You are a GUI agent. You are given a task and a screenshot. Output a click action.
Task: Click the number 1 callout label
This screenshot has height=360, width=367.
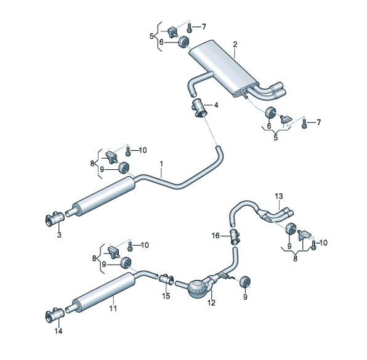click(x=161, y=164)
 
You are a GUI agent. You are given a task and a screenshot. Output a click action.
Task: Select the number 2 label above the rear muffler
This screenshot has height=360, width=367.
click(x=235, y=44)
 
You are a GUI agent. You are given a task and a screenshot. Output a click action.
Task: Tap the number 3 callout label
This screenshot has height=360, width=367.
click(x=59, y=234)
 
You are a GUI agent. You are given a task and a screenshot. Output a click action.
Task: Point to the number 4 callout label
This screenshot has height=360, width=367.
click(x=216, y=105)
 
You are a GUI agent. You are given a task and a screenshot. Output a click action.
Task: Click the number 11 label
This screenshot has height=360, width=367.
click(x=113, y=308)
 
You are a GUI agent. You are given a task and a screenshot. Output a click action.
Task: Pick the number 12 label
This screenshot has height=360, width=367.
click(x=211, y=303)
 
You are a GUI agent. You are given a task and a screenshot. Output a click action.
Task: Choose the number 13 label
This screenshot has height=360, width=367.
click(x=279, y=196)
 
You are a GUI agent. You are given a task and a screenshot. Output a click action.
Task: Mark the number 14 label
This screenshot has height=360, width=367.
click(x=58, y=331)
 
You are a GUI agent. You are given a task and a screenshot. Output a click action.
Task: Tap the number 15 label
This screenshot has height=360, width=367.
click(x=166, y=296)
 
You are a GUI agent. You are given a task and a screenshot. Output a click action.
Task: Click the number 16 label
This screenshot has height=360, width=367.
click(x=216, y=236)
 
